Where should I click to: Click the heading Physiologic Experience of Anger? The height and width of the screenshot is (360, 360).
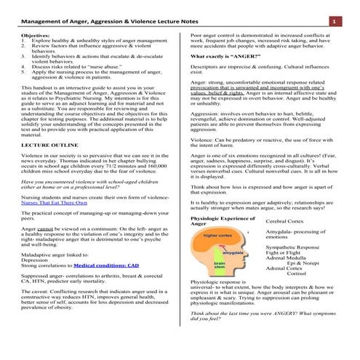(x=221, y=220)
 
